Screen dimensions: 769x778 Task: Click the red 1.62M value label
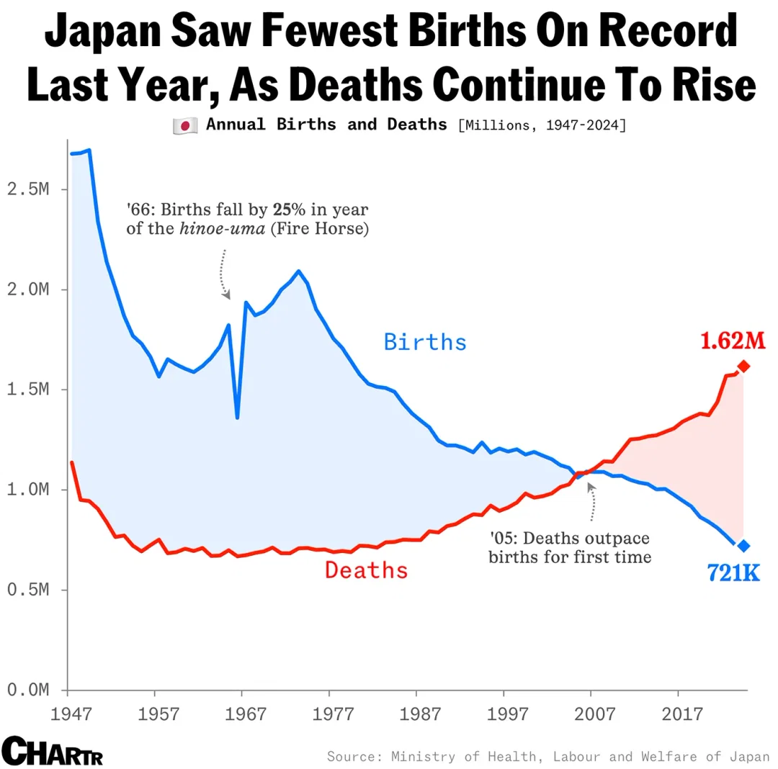[731, 340]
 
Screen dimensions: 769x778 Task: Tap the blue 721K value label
[733, 574]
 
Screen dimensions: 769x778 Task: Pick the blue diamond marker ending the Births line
[744, 546]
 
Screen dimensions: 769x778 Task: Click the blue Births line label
[425, 341]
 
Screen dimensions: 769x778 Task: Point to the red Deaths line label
[366, 570]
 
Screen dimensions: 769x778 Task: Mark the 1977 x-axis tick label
[330, 715]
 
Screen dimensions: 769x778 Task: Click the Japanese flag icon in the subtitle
[185, 126]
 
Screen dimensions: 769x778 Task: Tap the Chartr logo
[53, 751]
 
